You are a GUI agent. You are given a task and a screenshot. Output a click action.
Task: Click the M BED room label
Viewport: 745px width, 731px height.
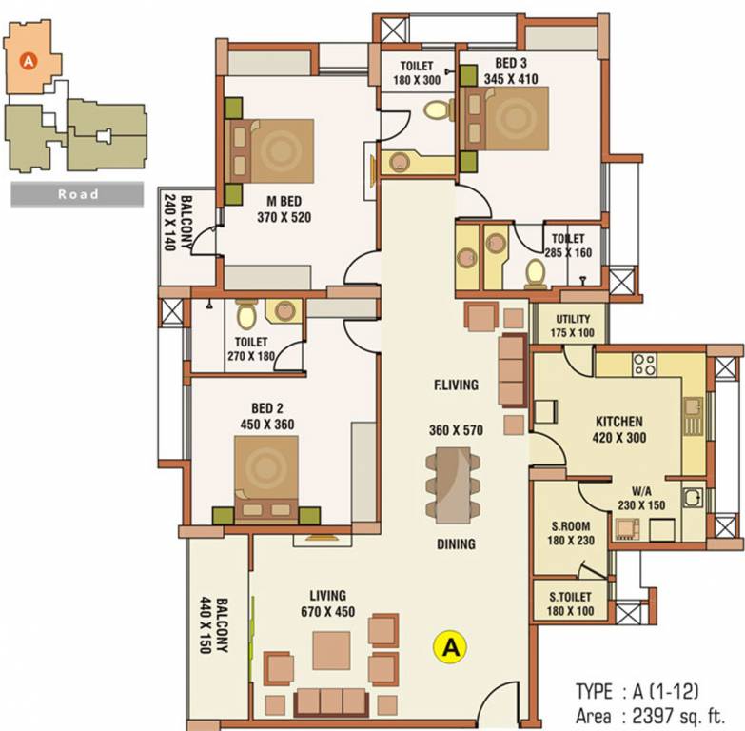click(284, 202)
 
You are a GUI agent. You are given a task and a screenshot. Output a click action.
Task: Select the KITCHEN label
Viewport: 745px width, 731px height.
click(619, 422)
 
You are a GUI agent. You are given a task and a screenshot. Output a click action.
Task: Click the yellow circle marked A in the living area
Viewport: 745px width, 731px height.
click(450, 647)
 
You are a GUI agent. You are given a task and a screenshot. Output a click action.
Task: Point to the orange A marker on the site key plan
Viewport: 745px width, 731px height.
click(29, 61)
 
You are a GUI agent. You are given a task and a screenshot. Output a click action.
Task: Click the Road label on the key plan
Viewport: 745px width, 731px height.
click(78, 194)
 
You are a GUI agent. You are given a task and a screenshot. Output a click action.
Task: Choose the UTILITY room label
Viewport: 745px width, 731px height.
click(571, 319)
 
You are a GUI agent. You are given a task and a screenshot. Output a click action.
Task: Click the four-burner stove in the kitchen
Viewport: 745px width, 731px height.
click(645, 364)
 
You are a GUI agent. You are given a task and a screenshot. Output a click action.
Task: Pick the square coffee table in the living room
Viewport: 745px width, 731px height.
click(331, 651)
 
